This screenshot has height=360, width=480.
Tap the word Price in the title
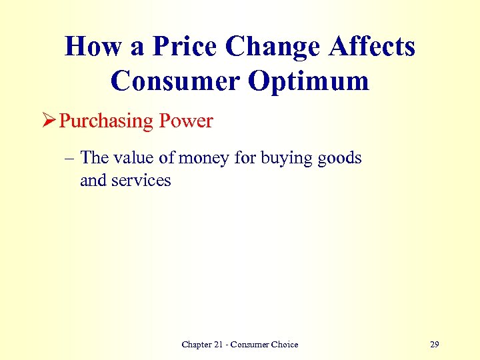coord(186,47)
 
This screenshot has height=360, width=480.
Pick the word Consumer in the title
coord(174,81)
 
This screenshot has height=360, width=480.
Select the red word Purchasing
coord(107,121)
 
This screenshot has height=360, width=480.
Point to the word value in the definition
coord(135,158)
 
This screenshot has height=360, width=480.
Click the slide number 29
coord(435,345)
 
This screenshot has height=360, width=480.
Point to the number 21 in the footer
coord(225,345)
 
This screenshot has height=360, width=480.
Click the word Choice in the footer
coord(283,345)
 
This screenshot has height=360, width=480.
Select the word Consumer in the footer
coord(251,345)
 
